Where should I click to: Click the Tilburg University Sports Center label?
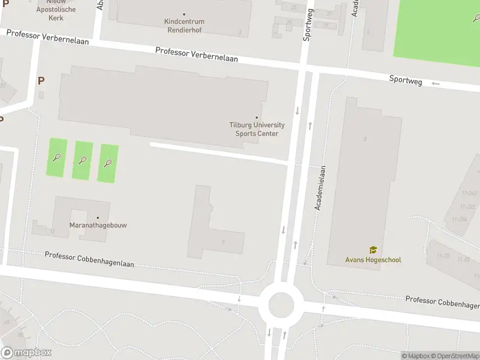pos(257,129)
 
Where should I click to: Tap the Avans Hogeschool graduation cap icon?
pos(373,250)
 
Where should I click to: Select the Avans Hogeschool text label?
pos(373,260)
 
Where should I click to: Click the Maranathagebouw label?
pos(98,226)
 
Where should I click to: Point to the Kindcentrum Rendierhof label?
pos(184,25)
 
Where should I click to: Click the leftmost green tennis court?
pos(57,157)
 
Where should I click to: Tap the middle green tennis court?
pos(83,160)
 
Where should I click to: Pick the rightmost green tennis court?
pos(108,163)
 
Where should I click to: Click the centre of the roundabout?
pos(281,305)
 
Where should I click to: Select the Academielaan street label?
pos(320,188)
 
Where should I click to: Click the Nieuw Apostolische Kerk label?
pos(56,10)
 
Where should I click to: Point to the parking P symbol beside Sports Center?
pos(41,80)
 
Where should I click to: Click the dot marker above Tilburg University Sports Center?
pos(257,118)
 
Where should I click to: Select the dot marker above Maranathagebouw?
pos(98,218)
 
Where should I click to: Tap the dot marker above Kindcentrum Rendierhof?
pos(184,14)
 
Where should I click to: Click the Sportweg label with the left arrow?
pos(406,80)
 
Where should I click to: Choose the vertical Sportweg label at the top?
pos(308,27)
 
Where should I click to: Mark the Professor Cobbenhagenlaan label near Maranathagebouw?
pos(89,260)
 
